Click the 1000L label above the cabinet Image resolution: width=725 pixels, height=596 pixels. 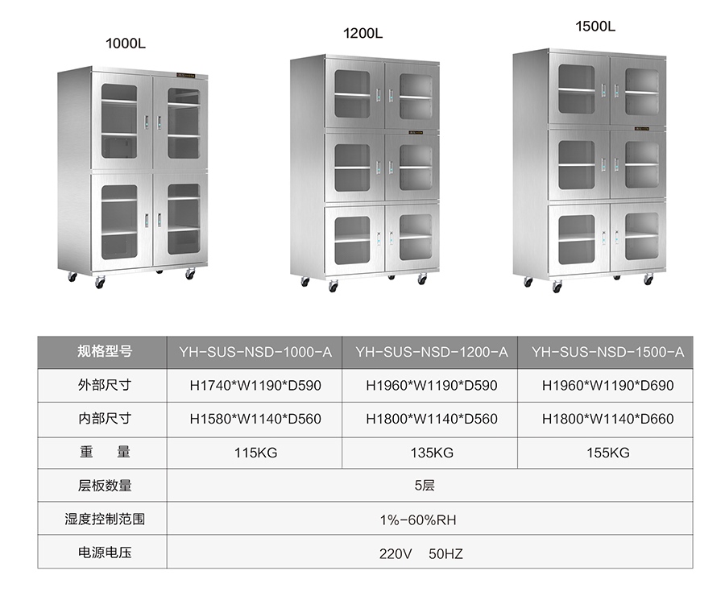pos(126,43)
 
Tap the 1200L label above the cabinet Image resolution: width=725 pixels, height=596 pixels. pos(362,33)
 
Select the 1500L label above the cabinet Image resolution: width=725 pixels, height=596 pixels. pos(595,26)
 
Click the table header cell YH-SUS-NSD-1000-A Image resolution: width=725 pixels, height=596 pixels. pos(255,352)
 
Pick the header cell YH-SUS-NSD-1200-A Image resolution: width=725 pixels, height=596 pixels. pos(432,352)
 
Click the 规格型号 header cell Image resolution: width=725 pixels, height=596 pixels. pos(104,352)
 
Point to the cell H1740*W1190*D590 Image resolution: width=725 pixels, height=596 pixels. pos(255,386)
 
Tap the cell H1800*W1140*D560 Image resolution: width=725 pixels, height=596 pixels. pos(432,419)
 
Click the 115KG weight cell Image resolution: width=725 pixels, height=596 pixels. pos(255,453)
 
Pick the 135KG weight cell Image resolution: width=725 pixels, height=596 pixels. pos(432,453)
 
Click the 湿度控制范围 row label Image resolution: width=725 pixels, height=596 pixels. pos(104,520)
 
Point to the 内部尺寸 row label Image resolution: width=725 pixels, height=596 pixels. pos(104,419)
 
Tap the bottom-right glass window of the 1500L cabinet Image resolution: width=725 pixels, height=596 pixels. pos(641,236)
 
